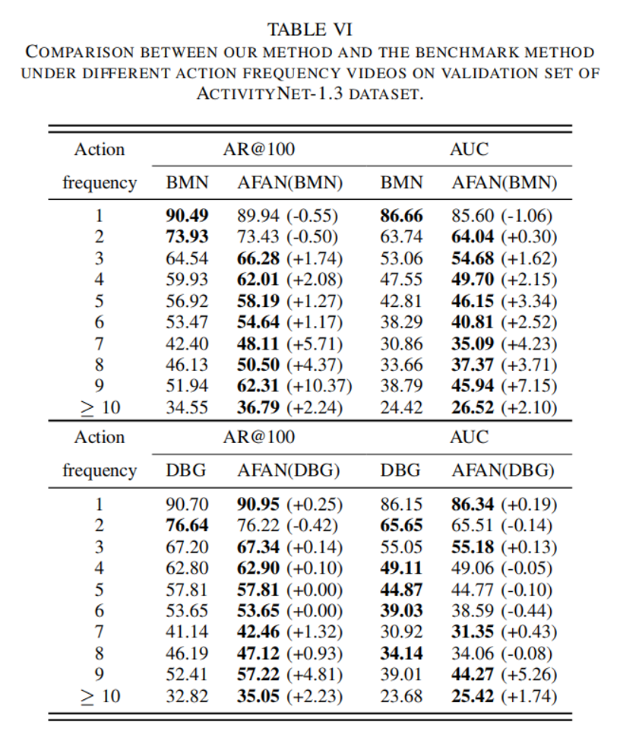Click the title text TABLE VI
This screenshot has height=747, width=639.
pos(309,30)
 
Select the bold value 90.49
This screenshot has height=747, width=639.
pos(187,215)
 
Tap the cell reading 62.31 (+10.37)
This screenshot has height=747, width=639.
pos(294,385)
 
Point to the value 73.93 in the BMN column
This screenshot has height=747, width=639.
pos(187,236)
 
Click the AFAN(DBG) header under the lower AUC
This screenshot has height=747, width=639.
pos(503,470)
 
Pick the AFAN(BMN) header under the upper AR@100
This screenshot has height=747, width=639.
pos(289,182)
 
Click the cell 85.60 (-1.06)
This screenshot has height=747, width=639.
pos(501,215)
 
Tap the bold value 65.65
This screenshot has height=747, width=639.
pos(401,525)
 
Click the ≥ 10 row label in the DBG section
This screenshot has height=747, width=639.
pos(100,695)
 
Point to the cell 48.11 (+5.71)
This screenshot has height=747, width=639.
pos(289,343)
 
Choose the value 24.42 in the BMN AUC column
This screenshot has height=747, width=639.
pos(401,407)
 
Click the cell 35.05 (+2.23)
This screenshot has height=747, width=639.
pos(289,695)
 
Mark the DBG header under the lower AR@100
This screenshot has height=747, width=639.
pos(186,470)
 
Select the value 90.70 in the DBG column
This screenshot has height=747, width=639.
pos(187,504)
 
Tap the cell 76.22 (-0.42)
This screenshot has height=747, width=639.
pos(289,525)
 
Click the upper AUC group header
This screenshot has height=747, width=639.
pos(469,149)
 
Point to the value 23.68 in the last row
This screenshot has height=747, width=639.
pos(401,695)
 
